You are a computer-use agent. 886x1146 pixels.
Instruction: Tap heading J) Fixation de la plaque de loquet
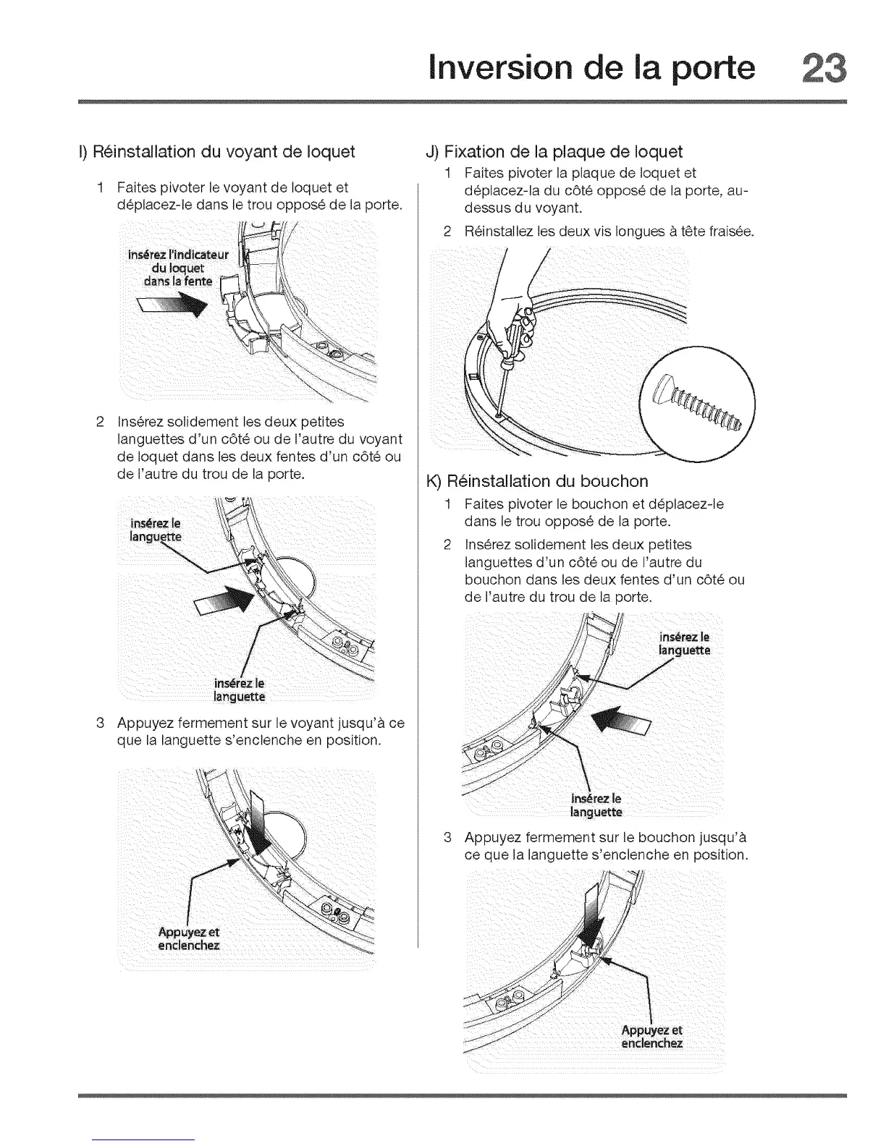click(x=554, y=152)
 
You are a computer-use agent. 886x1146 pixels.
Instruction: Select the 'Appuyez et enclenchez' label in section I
click(x=188, y=939)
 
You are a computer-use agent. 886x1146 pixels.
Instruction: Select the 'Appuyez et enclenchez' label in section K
click(x=651, y=1037)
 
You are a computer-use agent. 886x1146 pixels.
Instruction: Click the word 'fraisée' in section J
click(x=730, y=232)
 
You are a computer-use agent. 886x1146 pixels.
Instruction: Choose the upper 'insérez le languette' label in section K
click(x=685, y=643)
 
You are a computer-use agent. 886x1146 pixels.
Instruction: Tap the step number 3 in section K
click(x=448, y=838)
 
